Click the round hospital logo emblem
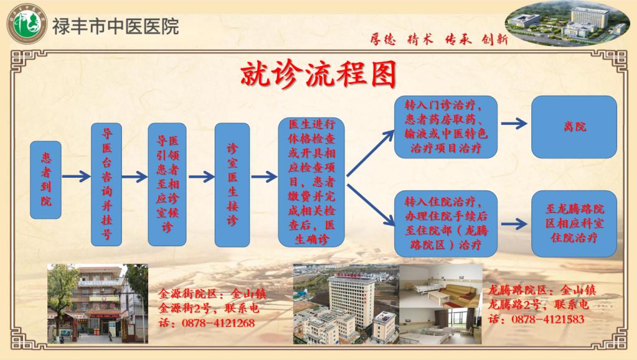[27, 24]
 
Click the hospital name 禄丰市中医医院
[115, 26]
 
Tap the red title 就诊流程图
[318, 75]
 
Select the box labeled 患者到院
[46, 180]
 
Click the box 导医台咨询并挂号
[106, 184]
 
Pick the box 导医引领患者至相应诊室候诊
[167, 184]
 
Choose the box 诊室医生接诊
[232, 185]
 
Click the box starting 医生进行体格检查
[311, 182]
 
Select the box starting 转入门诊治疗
[445, 127]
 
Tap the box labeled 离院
[574, 127]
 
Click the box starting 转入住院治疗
[445, 224]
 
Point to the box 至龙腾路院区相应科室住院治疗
[574, 224]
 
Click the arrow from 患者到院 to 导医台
[76, 176]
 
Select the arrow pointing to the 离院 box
[514, 123]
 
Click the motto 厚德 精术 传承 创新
[439, 39]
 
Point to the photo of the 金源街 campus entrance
[98, 303]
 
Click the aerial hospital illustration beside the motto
[567, 24]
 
